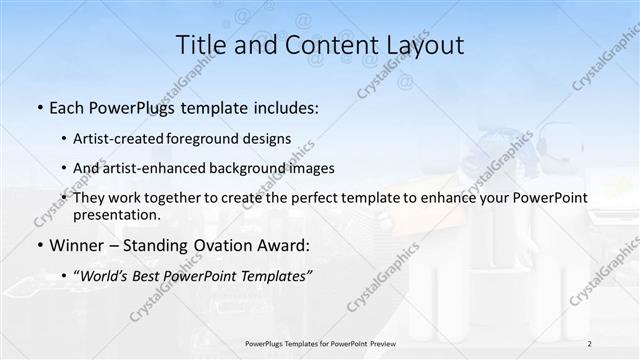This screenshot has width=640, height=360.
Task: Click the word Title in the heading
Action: (x=201, y=45)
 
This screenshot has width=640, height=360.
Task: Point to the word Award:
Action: (x=283, y=245)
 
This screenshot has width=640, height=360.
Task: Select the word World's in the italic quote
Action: (x=106, y=275)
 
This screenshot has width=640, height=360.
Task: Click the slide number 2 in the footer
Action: (x=590, y=343)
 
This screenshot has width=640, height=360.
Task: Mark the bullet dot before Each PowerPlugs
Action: (x=38, y=107)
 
